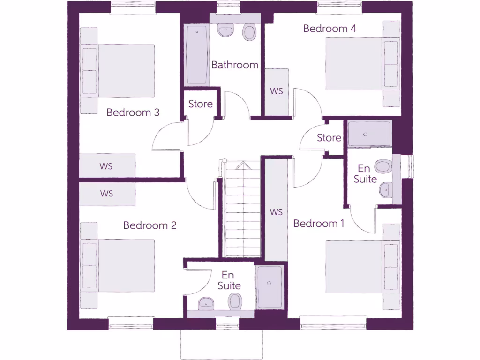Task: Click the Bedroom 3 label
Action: (x=133, y=112)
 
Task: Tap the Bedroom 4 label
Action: (x=330, y=29)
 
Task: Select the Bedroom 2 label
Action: (x=150, y=225)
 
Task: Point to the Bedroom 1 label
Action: (x=319, y=224)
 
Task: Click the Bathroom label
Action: (x=234, y=65)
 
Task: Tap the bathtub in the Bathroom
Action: (x=197, y=56)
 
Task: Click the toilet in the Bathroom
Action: (x=249, y=33)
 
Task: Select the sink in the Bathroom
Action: (x=225, y=31)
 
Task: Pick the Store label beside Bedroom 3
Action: (x=201, y=104)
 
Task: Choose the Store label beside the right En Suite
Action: (x=329, y=138)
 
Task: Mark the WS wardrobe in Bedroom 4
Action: (x=277, y=91)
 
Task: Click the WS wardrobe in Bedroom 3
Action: (x=107, y=166)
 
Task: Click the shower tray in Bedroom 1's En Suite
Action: (x=369, y=134)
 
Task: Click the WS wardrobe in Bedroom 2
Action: (x=107, y=194)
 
